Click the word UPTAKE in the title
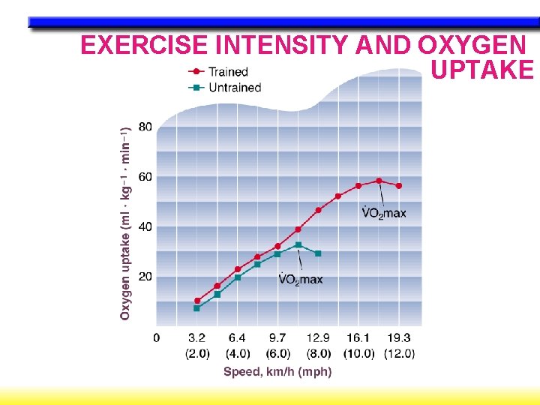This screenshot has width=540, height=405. click(482, 70)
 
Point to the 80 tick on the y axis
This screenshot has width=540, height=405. click(144, 127)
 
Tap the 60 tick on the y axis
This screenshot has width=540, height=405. click(144, 177)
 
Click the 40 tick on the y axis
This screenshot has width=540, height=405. click(144, 226)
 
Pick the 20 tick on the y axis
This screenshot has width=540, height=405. click(144, 277)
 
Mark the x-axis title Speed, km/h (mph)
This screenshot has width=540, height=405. click(277, 371)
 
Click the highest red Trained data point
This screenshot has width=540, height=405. click(379, 181)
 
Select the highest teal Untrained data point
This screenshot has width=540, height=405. click(298, 244)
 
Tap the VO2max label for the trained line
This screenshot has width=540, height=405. click(383, 213)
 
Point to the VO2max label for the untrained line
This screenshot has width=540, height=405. click(301, 280)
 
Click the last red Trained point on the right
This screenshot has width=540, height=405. click(399, 185)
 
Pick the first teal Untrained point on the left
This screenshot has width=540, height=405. click(197, 308)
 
